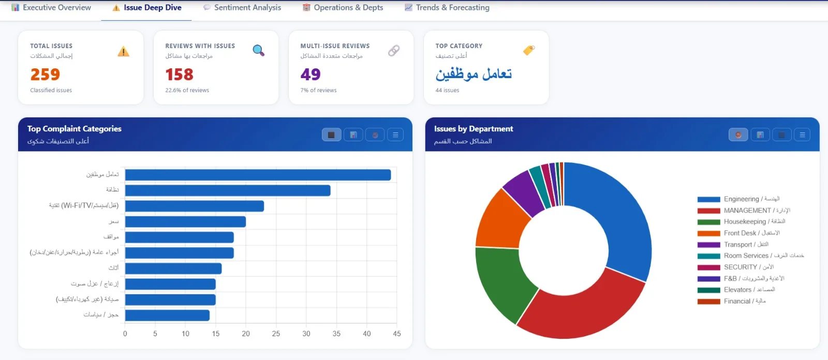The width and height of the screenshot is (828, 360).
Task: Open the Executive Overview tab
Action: pos(51,8)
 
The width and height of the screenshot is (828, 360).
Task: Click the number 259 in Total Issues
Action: pos(45,74)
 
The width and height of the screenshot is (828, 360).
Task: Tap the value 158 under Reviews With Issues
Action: pos(179,74)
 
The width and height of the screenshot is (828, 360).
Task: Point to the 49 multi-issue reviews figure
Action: pos(310,74)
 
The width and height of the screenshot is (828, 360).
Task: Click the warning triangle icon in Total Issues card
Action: pos(123,52)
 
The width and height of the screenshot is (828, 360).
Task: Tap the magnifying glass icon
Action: pos(258,51)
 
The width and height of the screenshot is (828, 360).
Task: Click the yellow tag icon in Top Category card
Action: pos(528,50)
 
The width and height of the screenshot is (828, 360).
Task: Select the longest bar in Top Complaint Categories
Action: pos(258,175)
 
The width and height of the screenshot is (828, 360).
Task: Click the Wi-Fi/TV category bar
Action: pos(195,206)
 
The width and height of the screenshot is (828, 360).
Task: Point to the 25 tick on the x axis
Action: pos(276,334)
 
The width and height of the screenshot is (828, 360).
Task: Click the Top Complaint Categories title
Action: pos(75,129)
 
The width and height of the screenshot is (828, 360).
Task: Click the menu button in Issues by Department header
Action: pos(802,135)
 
